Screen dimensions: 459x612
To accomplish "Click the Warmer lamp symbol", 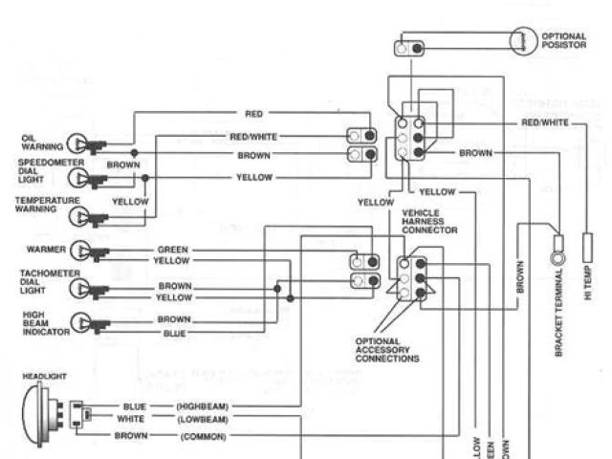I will click(x=89, y=251).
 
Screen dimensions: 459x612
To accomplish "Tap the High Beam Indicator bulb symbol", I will click(x=89, y=322).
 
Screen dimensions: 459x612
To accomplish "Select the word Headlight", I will click(x=45, y=378).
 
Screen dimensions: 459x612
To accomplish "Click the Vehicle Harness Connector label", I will click(x=429, y=221).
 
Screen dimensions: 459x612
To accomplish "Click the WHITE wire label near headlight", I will click(x=130, y=419).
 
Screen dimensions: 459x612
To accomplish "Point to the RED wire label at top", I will click(x=253, y=114).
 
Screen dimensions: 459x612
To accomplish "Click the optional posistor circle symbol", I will click(x=523, y=39).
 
